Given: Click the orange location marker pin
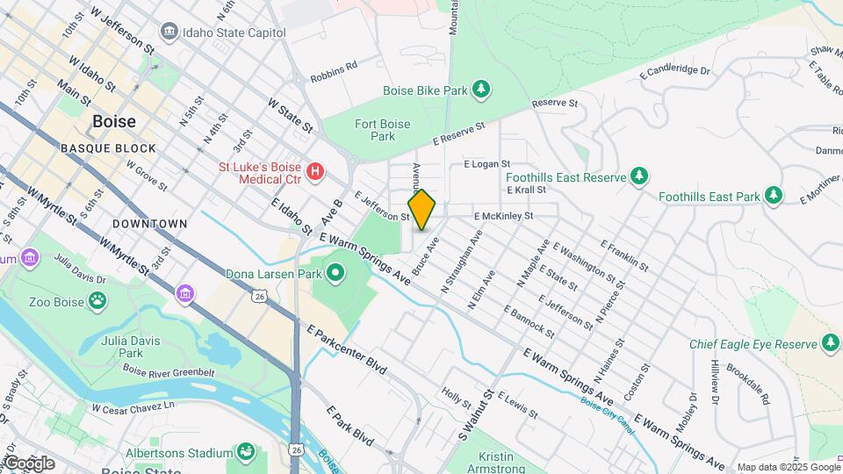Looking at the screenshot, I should pos(421,210).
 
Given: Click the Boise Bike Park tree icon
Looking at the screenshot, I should pos(480,90).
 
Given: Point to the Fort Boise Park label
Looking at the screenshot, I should pos(382,130).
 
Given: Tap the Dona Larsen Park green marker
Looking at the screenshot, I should pos(335,274).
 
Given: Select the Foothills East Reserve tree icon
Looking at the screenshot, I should pos(639,176).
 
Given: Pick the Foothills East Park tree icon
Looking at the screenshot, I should pos(773,197).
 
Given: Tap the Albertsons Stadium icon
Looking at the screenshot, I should pos(246,453).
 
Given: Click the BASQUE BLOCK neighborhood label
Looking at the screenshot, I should pos(108,148).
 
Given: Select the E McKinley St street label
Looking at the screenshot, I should pos(503,215).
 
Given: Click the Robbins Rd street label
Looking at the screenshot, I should pos(334,65).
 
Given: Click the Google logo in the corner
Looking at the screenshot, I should pos(28,463).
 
